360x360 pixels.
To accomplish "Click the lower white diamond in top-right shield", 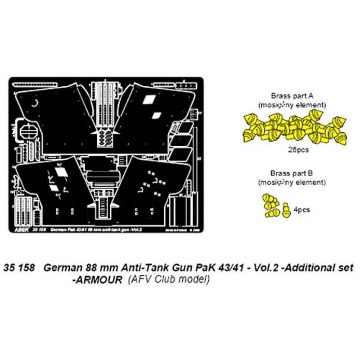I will pos(156,115).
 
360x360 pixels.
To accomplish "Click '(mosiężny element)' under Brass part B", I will pos(292,182).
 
